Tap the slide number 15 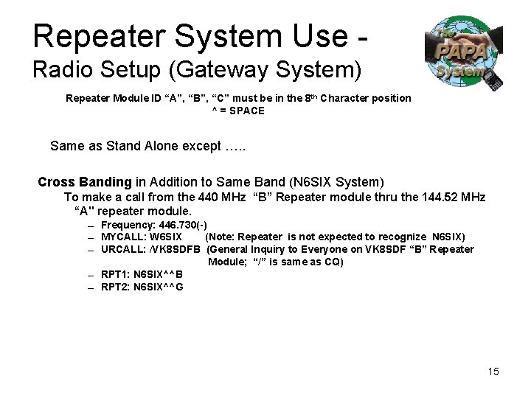tap(493, 371)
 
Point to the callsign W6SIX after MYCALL tap(166, 237)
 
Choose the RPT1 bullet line tap(142, 274)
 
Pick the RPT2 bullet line tap(142, 287)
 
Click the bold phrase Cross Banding tap(85, 182)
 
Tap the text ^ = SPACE tap(238, 111)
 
